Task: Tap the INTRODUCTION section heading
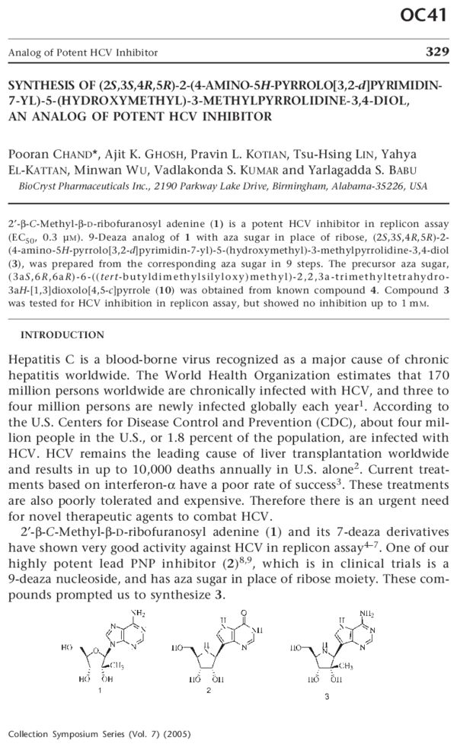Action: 62,334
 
